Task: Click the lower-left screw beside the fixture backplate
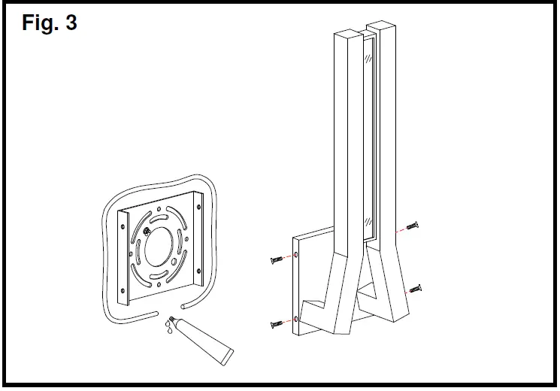[x=275, y=324]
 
